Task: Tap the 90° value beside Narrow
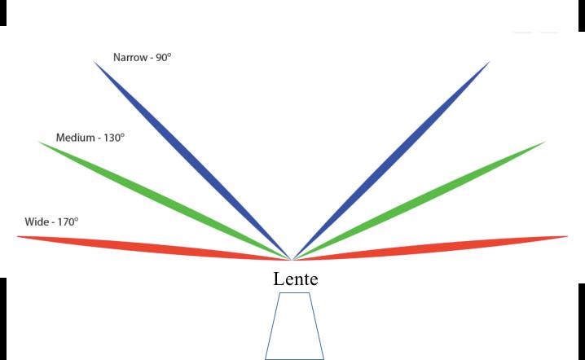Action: point(162,59)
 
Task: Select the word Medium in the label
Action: point(75,138)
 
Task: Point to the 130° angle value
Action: point(113,138)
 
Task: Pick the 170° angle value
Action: point(67,222)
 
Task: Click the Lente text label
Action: point(295,279)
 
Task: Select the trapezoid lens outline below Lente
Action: point(294,326)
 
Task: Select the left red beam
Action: point(155,247)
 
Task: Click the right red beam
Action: point(432,247)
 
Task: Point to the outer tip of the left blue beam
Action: point(95,62)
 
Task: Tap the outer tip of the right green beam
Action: point(544,142)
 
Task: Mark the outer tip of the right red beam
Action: point(567,237)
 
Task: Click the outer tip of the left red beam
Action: point(18,237)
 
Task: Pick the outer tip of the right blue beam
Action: point(490,62)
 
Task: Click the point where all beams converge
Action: point(292,260)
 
